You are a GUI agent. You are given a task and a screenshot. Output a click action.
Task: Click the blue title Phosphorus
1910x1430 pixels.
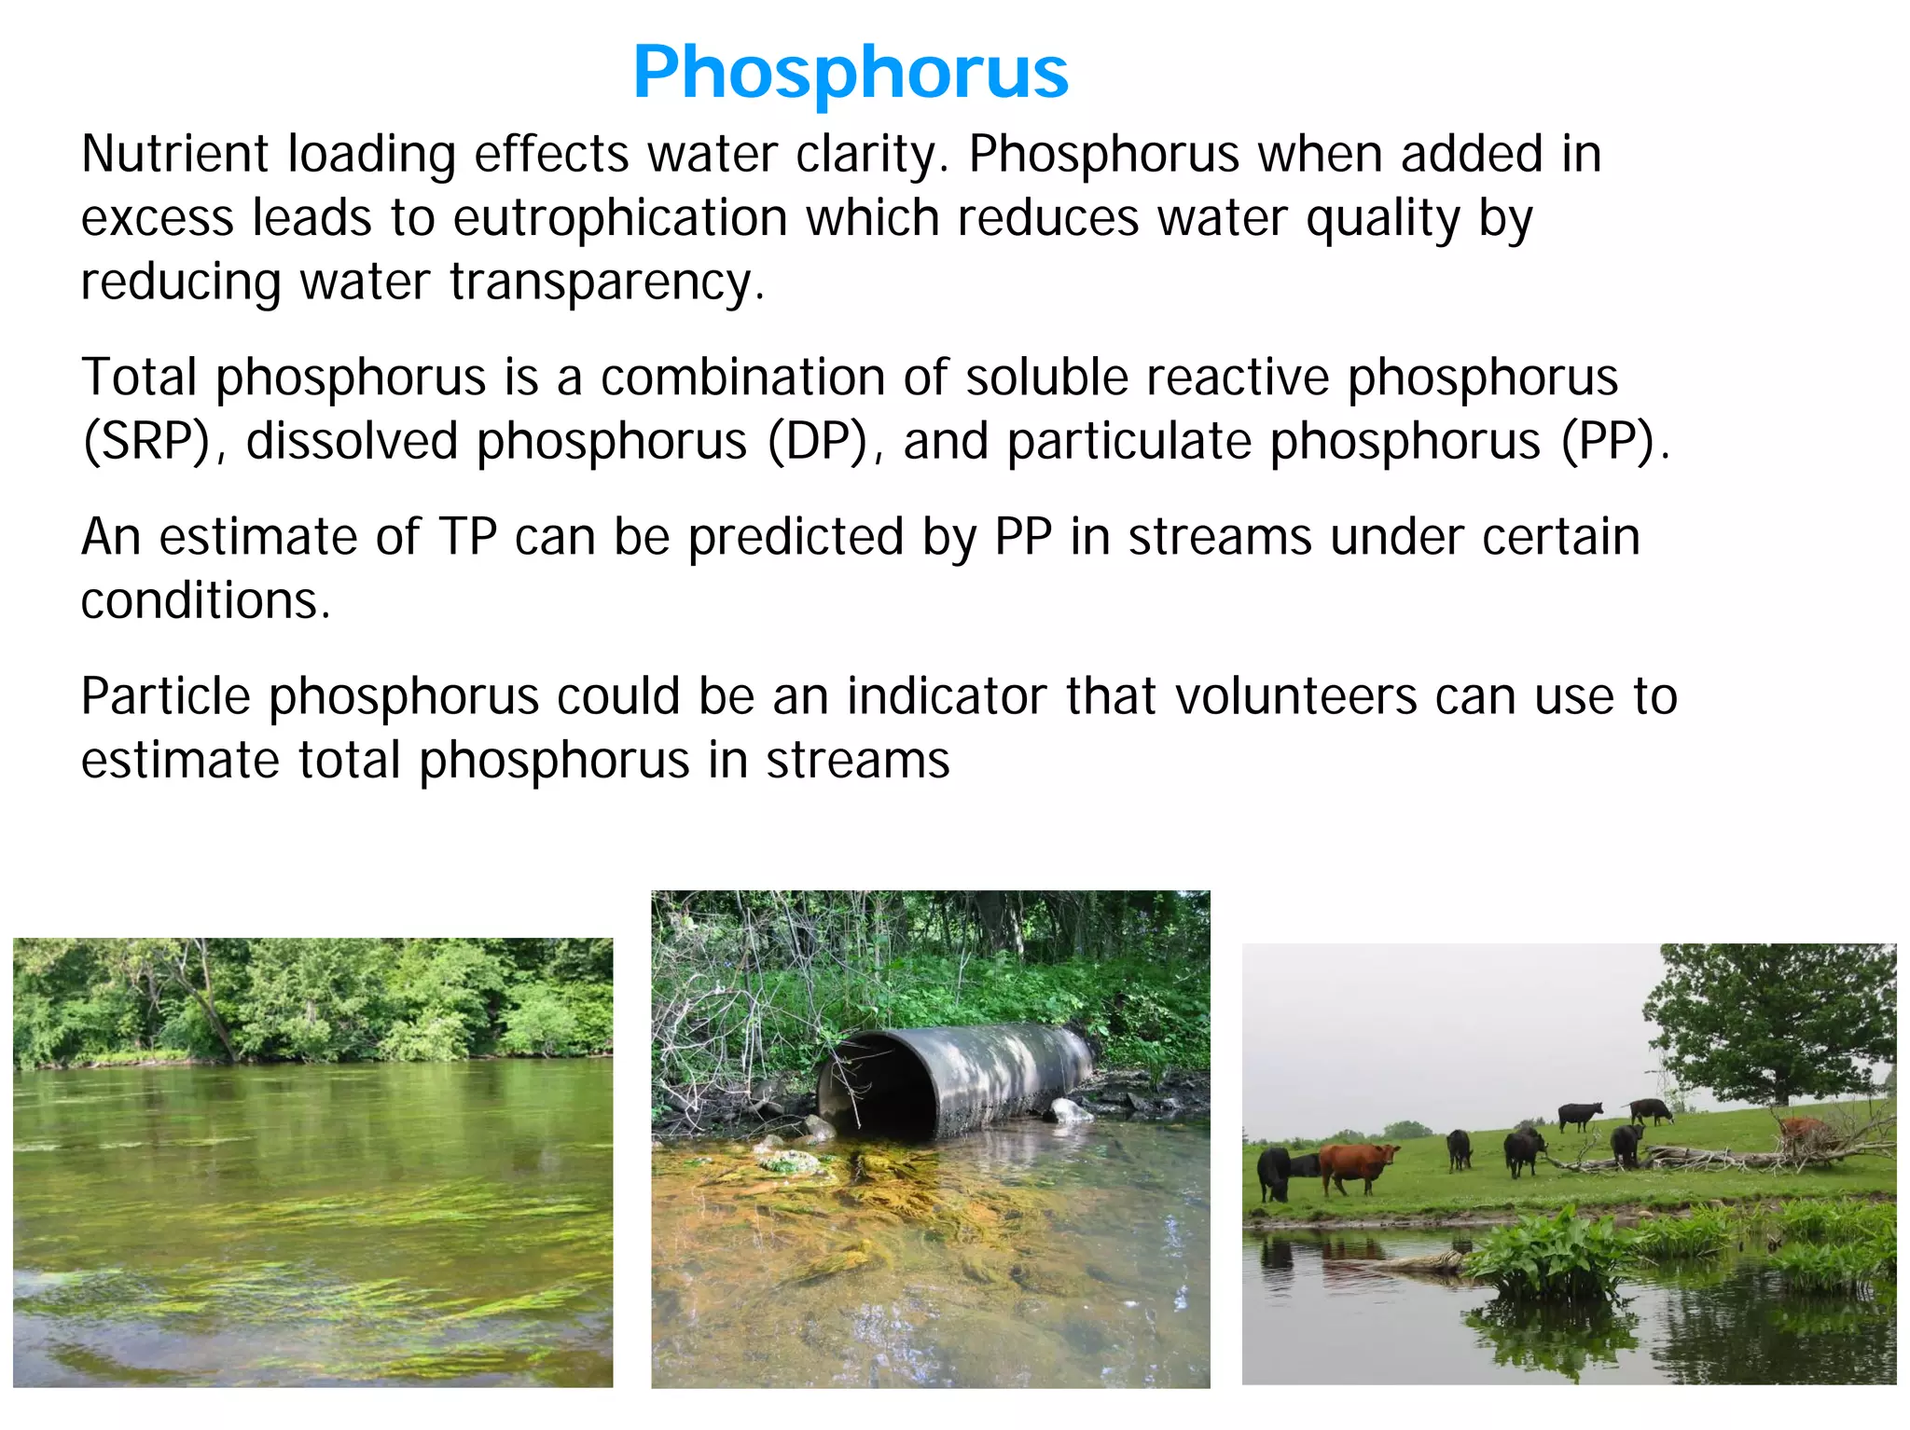pyautogui.click(x=850, y=72)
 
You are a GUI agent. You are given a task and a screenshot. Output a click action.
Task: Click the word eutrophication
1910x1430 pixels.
pyautogui.click(x=620, y=218)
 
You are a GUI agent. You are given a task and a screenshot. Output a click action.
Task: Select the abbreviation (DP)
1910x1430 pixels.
pyautogui.click(x=818, y=441)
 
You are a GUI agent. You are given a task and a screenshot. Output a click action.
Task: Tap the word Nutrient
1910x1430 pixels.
pyautogui.click(x=174, y=154)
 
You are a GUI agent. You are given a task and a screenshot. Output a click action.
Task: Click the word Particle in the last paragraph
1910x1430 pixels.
pyautogui.click(x=165, y=696)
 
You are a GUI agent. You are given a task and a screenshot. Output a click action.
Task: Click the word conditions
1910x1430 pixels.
pyautogui.click(x=205, y=600)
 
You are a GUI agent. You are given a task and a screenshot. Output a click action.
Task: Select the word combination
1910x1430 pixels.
pyautogui.click(x=742, y=378)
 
